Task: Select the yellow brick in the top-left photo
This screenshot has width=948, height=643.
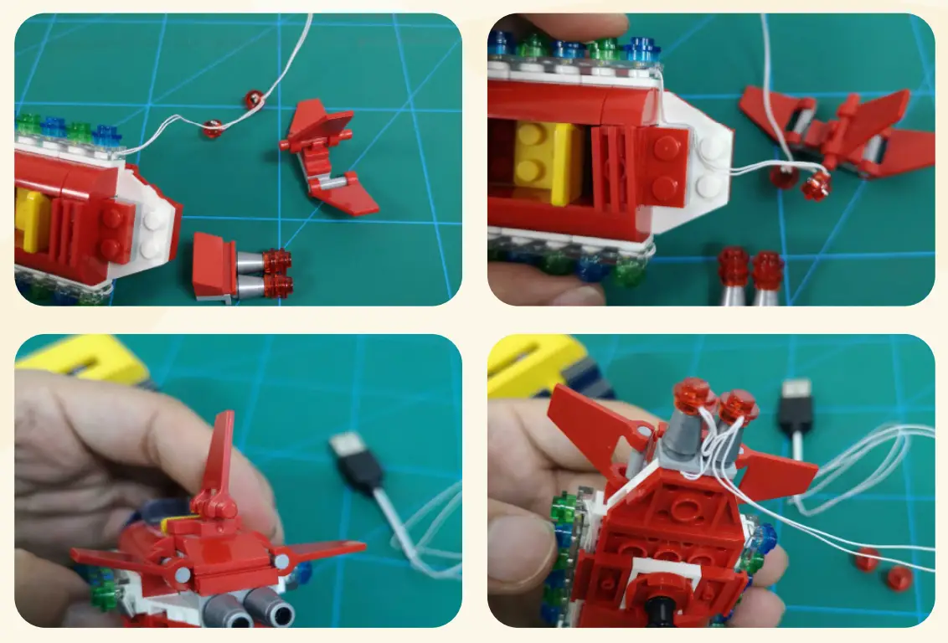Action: [x=32, y=219]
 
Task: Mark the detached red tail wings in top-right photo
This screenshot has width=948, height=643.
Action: [x=837, y=134]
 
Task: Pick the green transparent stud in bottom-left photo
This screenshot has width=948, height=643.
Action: [x=104, y=595]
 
